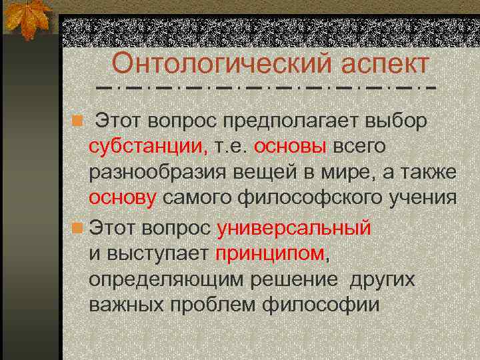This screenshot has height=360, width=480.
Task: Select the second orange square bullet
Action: [x=78, y=229]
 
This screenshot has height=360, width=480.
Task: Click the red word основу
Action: [x=123, y=198]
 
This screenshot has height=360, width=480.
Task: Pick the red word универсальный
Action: [x=294, y=229]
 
